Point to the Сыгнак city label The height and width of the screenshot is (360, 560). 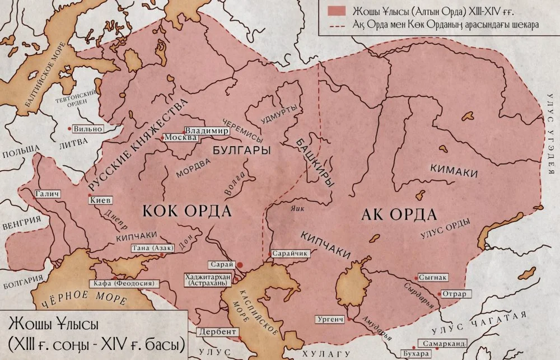[433, 277]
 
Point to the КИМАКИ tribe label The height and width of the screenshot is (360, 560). [454, 169]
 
